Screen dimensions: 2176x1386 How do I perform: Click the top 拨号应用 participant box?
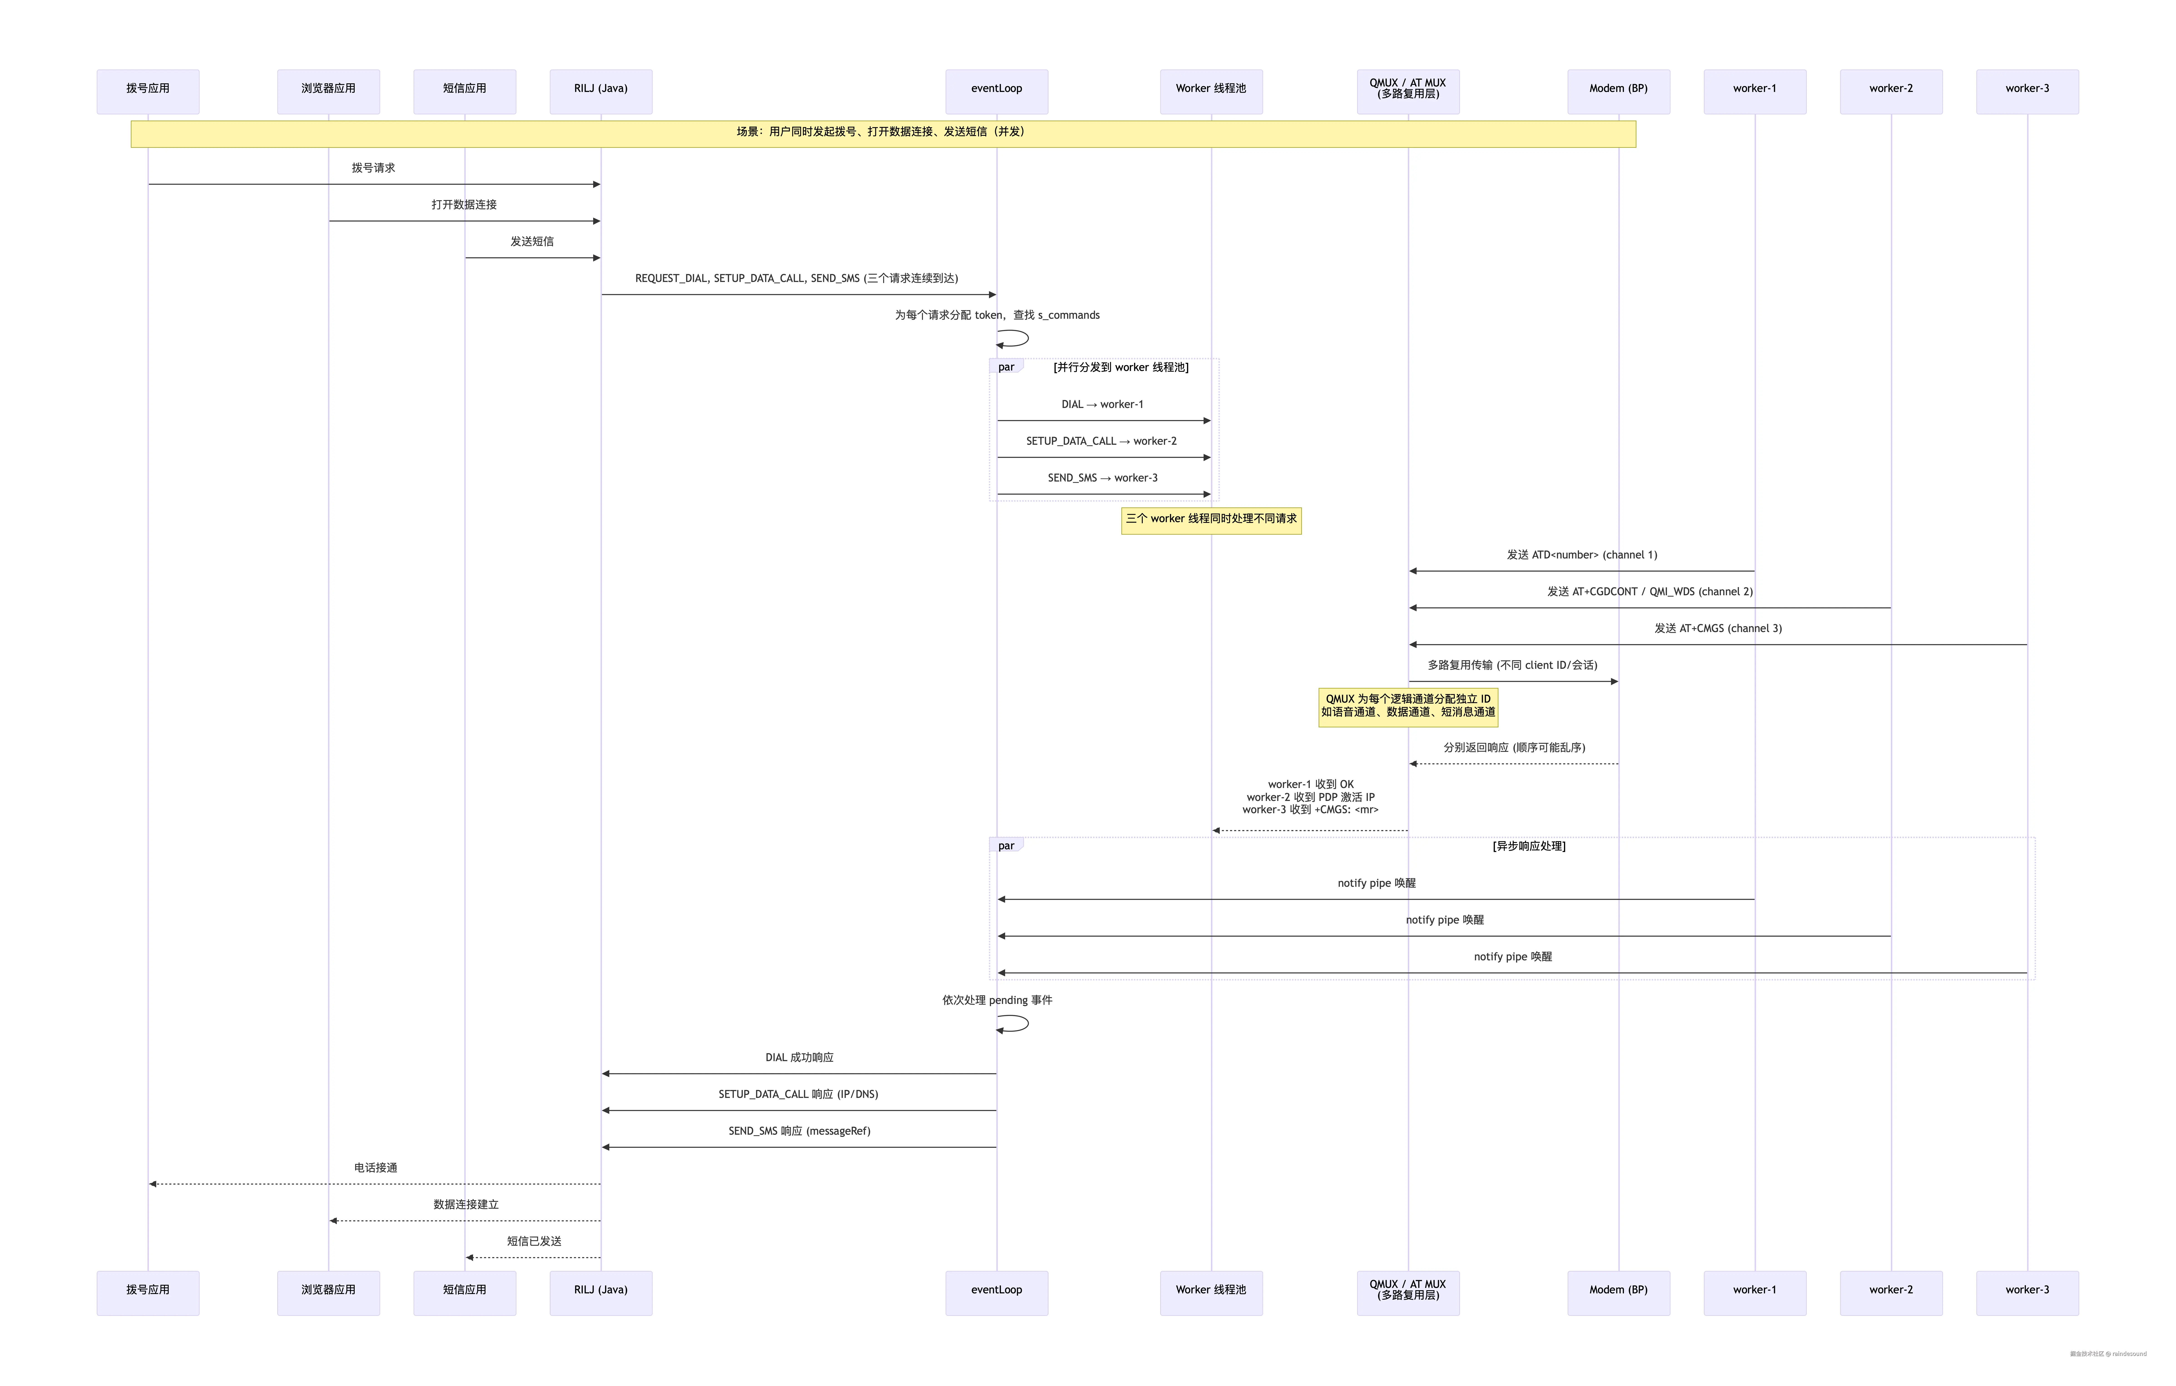pyautogui.click(x=148, y=91)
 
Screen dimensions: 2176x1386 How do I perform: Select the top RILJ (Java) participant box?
pyautogui.click(x=601, y=91)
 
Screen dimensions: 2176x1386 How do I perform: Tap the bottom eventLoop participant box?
pyautogui.click(x=997, y=1293)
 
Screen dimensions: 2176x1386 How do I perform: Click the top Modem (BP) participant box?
pyautogui.click(x=1618, y=91)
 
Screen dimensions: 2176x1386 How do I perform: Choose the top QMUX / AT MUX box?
pyautogui.click(x=1408, y=91)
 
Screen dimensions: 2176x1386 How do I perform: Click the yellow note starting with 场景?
pyautogui.click(x=883, y=134)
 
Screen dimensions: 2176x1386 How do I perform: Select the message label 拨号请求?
pyautogui.click(x=373, y=168)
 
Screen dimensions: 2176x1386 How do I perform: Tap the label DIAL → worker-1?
pyautogui.click(x=1103, y=405)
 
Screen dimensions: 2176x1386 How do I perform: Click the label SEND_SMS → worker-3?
pyautogui.click(x=1103, y=478)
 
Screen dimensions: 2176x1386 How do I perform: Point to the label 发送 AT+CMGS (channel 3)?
pyautogui.click(x=1718, y=629)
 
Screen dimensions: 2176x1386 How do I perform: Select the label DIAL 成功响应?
pyautogui.click(x=799, y=1058)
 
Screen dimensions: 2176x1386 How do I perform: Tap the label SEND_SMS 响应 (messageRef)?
pyautogui.click(x=799, y=1131)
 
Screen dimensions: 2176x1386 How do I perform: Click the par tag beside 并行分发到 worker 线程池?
pyautogui.click(x=1006, y=367)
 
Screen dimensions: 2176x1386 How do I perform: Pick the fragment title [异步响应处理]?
pyautogui.click(x=1529, y=847)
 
